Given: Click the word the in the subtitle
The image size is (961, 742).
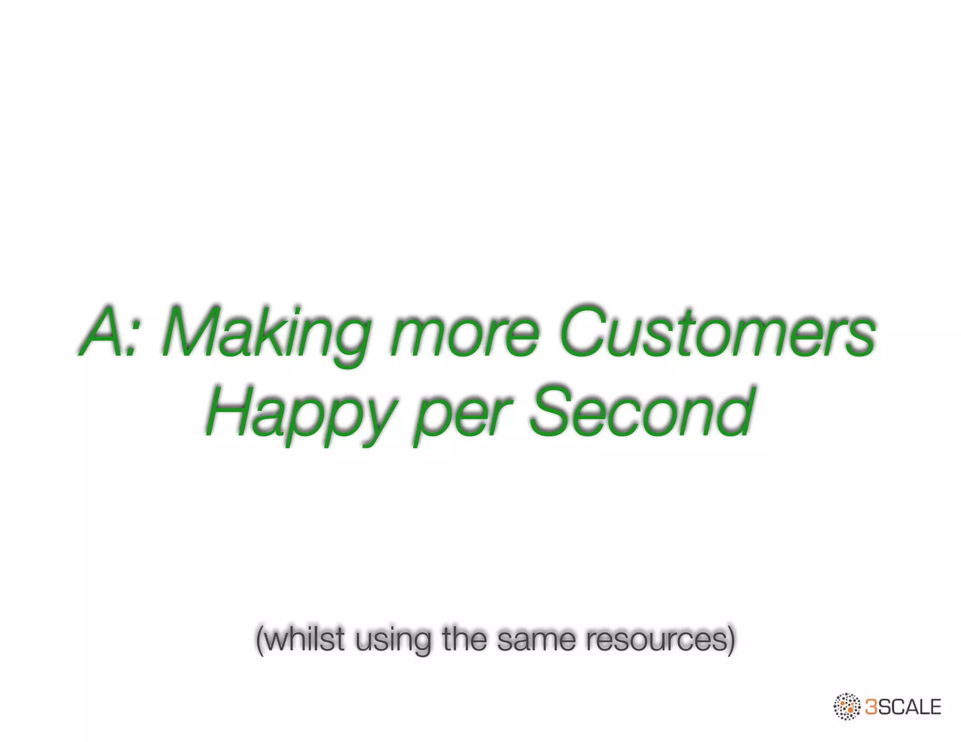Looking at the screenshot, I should click(x=465, y=639).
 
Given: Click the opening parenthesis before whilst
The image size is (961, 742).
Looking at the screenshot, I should click(x=259, y=640).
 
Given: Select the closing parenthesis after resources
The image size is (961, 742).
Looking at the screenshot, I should click(x=730, y=640).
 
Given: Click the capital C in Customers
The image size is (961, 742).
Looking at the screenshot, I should click(x=582, y=331).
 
